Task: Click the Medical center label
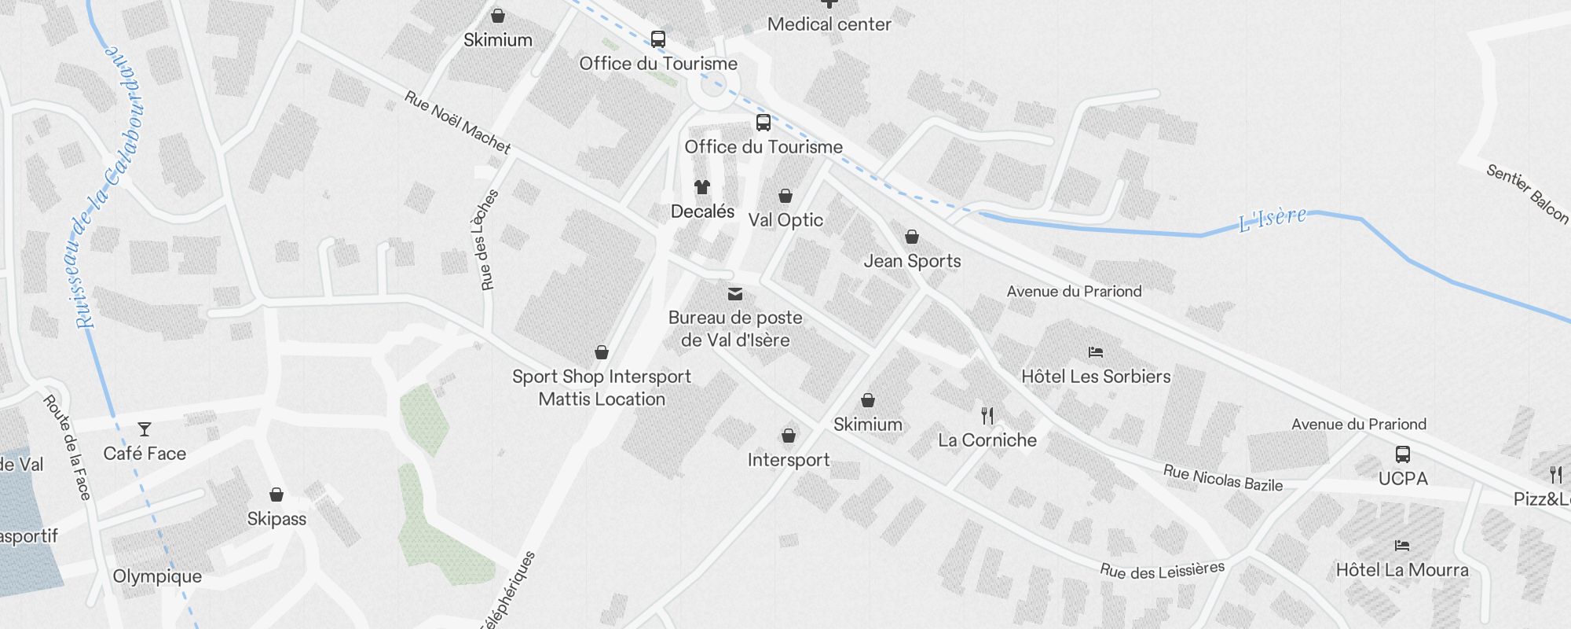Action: [x=829, y=24]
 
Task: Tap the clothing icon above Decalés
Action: [x=702, y=187]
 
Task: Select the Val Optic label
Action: [x=785, y=220]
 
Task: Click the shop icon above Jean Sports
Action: [x=912, y=237]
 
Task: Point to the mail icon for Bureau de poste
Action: [x=735, y=294]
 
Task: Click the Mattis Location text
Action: [x=602, y=399]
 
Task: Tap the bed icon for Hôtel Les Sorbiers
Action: [x=1096, y=352]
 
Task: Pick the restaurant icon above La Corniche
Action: [x=987, y=416]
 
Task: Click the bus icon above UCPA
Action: [x=1403, y=454]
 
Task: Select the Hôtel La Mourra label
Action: [x=1402, y=570]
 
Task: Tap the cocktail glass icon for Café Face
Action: [x=145, y=429]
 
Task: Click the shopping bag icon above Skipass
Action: [x=276, y=495]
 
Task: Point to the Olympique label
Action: [x=157, y=576]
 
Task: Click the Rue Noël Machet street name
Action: [x=457, y=122]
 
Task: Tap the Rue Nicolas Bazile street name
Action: [x=1222, y=478]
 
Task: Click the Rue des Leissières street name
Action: [x=1162, y=570]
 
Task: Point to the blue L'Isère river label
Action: [x=1273, y=219]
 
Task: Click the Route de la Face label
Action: [x=68, y=447]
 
